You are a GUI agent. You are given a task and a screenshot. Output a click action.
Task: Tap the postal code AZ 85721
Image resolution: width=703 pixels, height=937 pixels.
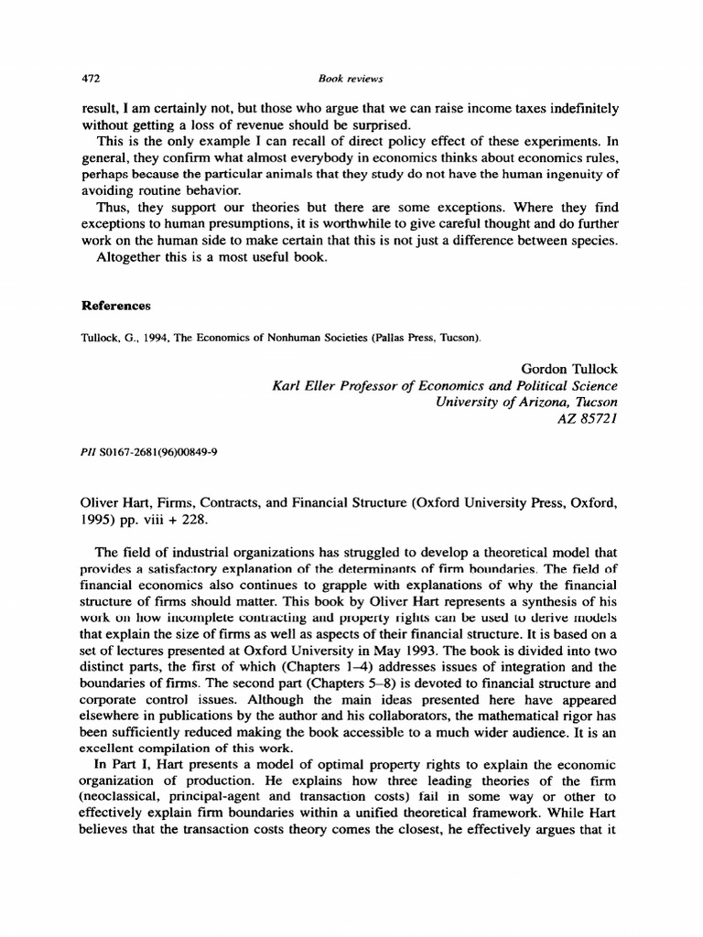pos(587,419)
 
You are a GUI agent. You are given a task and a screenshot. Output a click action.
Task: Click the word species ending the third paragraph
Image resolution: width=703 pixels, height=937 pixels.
pos(592,240)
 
